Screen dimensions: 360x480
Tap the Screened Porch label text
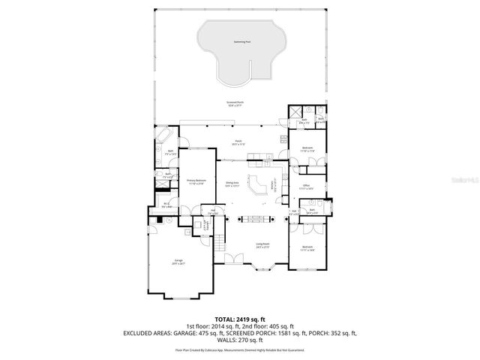click(x=236, y=103)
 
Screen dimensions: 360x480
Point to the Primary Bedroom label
click(x=196, y=181)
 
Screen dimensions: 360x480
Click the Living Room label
click(x=262, y=244)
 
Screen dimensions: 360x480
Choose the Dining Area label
click(x=232, y=184)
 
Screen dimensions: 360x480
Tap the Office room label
click(x=307, y=186)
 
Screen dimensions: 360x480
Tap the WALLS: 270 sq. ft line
click(x=240, y=339)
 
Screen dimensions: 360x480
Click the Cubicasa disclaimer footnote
click(x=240, y=349)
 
